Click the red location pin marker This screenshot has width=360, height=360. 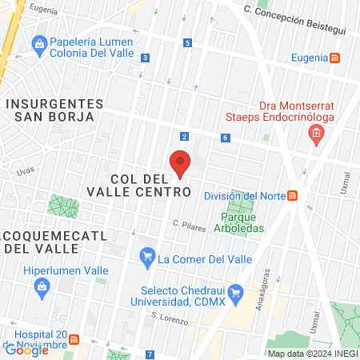tap(180, 162)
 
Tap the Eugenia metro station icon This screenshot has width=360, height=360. tap(335, 58)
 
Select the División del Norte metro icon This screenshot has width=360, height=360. tap(293, 195)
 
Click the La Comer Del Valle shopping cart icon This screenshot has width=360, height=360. tap(146, 258)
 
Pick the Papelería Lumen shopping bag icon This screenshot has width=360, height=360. tap(37, 42)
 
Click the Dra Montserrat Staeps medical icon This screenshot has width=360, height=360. tap(316, 131)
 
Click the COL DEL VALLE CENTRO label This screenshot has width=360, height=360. tap(150, 185)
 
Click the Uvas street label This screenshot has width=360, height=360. tap(26, 170)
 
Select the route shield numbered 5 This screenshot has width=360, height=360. tap(188, 42)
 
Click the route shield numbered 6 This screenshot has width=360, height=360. tap(226, 138)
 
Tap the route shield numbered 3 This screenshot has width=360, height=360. tap(145, 58)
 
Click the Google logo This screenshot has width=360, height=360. tap(26, 350)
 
